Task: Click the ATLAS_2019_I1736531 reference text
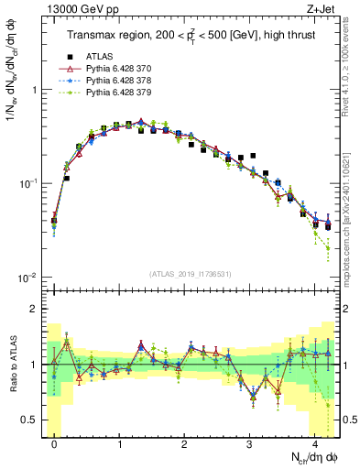click(x=188, y=274)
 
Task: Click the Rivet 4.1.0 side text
click(x=352, y=64)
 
